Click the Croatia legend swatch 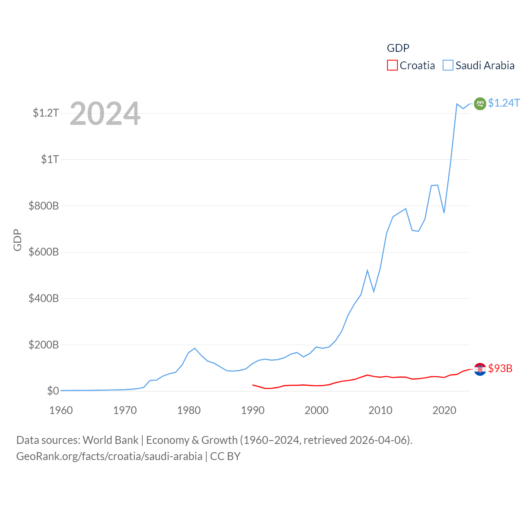[x=392, y=66]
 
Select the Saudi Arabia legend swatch [x=448, y=66]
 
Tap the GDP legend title [x=398, y=48]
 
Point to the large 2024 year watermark [x=105, y=114]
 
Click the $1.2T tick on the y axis [x=46, y=113]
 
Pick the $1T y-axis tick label [x=50, y=159]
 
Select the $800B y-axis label [x=44, y=206]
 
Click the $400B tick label [x=44, y=298]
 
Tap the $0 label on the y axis [x=53, y=391]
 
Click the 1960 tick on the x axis [x=61, y=410]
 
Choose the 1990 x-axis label [x=253, y=410]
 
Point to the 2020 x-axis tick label [x=444, y=410]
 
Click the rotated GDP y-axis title [x=17, y=240]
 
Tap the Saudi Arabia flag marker [x=480, y=103]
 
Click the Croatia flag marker [x=480, y=369]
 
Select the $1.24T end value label [x=504, y=103]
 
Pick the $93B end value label [x=500, y=368]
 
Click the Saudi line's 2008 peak [x=367, y=270]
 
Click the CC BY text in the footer [x=225, y=456]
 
